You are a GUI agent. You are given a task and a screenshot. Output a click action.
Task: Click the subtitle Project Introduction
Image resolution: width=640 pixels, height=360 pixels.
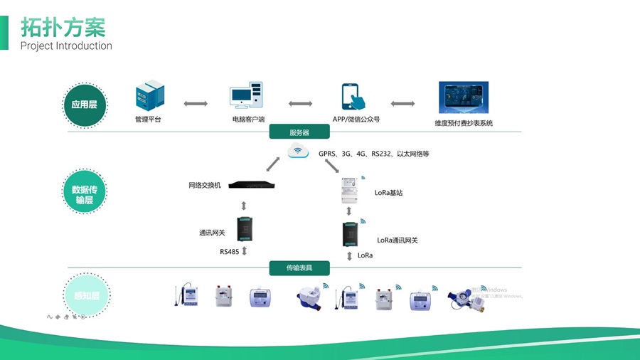pos(66,46)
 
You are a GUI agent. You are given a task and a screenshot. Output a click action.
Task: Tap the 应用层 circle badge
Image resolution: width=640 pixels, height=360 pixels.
pos(84,105)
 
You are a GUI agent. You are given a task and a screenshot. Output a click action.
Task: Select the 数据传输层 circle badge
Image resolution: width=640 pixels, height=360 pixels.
pos(84,194)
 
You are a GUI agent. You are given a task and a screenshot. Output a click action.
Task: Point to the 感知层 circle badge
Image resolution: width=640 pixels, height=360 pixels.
pos(84,295)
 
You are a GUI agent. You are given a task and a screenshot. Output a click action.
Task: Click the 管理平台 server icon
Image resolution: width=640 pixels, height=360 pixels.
pos(149,97)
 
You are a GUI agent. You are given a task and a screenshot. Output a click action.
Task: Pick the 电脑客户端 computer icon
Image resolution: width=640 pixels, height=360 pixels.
pos(246,97)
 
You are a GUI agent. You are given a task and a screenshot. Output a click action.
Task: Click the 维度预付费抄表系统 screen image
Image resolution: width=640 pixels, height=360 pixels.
pos(463,98)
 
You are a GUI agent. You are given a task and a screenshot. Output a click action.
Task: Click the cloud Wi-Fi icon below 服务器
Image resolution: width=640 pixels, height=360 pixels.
pos(299,151)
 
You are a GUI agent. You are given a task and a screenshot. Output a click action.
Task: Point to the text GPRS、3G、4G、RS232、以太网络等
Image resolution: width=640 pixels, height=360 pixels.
pos(374,154)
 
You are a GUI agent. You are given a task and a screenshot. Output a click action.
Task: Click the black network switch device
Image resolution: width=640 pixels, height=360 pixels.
pos(246,186)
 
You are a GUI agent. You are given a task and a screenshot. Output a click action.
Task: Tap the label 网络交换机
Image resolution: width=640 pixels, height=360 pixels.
pos(205,186)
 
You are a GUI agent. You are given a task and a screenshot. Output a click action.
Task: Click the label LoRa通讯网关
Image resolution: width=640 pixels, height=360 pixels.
pos(398,240)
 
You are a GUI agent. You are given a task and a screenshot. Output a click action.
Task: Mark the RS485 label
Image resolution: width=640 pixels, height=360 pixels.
pos(229,252)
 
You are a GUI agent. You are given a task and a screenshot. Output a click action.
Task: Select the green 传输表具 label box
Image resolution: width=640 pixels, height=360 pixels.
pos(299,268)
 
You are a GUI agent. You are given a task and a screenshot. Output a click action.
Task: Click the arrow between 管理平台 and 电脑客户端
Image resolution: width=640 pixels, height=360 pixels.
pos(196,104)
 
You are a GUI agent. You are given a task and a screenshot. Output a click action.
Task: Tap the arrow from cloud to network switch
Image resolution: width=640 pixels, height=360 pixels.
pos(272,165)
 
